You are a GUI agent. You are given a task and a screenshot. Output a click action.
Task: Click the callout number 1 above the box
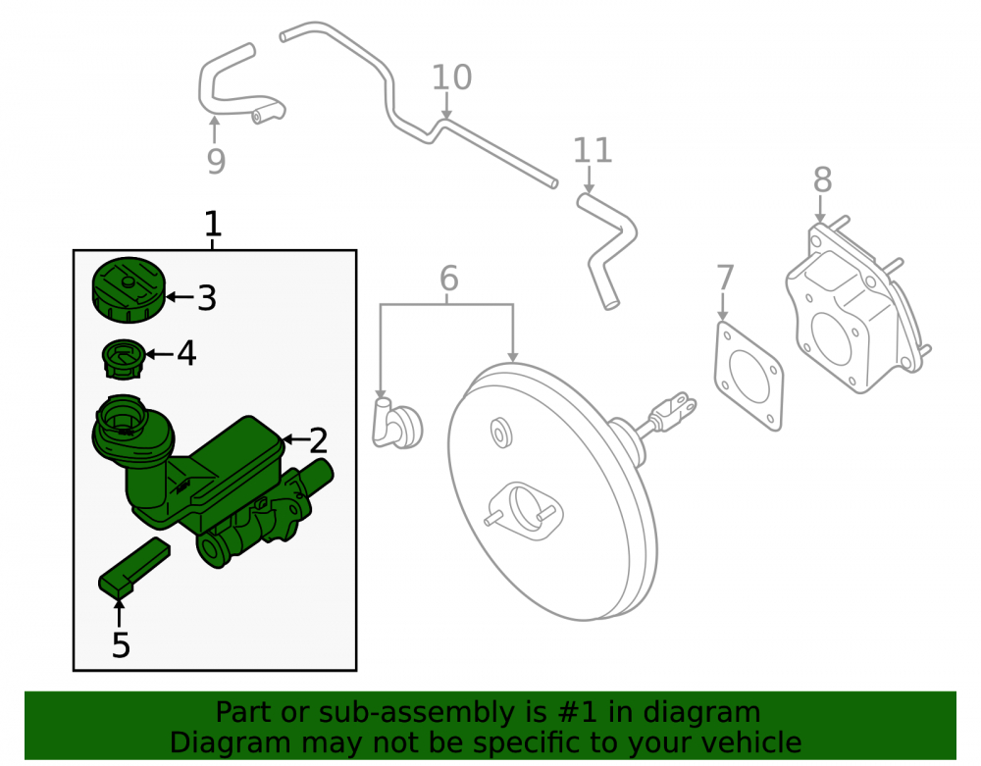[213, 224]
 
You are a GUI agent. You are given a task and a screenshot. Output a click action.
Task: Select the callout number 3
[207, 298]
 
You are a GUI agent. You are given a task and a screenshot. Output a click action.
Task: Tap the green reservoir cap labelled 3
[129, 289]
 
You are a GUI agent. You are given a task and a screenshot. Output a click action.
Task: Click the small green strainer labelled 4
[124, 359]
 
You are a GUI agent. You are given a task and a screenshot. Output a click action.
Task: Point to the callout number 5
[121, 644]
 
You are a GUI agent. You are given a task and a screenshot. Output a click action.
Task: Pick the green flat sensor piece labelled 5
[133, 566]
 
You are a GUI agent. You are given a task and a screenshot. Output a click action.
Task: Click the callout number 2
[319, 440]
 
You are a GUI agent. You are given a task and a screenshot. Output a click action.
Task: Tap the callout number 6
[449, 278]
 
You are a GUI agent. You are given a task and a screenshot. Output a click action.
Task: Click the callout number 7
[725, 277]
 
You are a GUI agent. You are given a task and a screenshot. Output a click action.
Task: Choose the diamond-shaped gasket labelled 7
[749, 377]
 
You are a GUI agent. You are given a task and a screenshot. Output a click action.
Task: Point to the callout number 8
[822, 180]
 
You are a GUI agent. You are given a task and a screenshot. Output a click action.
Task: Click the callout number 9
[216, 161]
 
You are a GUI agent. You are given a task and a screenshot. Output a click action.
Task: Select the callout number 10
[451, 77]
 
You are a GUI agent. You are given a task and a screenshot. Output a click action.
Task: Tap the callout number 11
[593, 150]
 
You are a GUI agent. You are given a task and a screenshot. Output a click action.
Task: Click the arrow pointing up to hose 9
[215, 130]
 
